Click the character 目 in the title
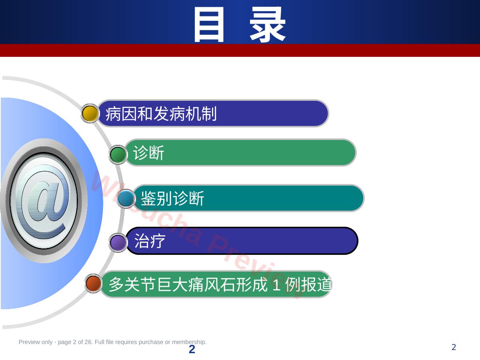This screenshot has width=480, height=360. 209,24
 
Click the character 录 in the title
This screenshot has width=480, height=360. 268,24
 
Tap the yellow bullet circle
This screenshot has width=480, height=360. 90,113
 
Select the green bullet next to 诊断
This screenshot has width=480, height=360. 118,155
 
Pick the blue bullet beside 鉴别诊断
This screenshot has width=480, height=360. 126,198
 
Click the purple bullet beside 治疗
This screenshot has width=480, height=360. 118,243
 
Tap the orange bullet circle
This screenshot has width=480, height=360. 93,283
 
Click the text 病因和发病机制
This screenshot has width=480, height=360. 161,114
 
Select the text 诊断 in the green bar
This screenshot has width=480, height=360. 148,153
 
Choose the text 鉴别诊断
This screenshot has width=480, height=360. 172,198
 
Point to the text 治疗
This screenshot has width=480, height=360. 150,241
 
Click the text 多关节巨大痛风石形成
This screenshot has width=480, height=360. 188,284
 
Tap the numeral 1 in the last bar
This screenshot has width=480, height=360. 277,284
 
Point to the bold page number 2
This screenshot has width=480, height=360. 192,349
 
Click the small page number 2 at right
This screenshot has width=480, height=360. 454,347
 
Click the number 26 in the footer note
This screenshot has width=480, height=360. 88,342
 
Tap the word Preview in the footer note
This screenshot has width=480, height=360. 27,342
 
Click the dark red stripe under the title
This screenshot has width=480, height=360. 240,50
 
